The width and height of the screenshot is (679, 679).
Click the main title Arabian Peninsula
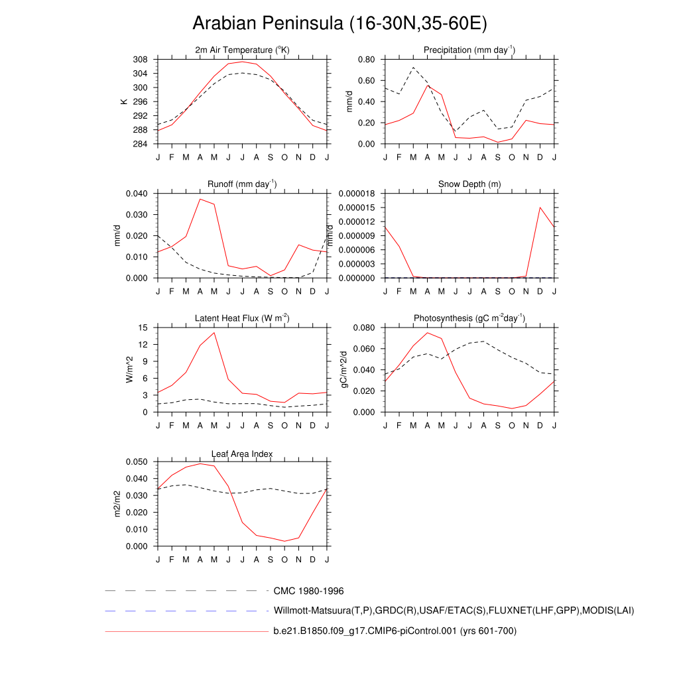tap(339, 24)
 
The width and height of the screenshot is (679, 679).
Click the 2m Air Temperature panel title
tap(243, 50)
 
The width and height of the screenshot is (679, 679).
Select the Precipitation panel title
tap(469, 50)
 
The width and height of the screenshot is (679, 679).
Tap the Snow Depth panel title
tap(469, 184)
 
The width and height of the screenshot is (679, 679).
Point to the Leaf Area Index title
tap(242, 454)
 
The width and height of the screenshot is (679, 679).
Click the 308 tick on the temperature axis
tap(140, 60)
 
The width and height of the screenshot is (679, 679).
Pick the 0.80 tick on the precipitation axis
tap(366, 60)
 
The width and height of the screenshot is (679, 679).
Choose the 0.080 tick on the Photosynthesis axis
tap(364, 328)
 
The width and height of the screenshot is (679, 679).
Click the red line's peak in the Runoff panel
tap(200, 199)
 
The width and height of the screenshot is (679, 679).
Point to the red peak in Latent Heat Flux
tap(214, 332)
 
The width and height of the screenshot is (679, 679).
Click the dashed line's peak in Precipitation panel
tap(413, 68)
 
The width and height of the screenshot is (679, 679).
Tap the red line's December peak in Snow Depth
tap(540, 208)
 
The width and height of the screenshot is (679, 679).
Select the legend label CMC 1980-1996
tap(308, 591)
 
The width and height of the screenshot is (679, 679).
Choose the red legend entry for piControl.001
tap(395, 631)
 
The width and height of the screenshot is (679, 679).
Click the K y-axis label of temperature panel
tap(123, 101)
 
